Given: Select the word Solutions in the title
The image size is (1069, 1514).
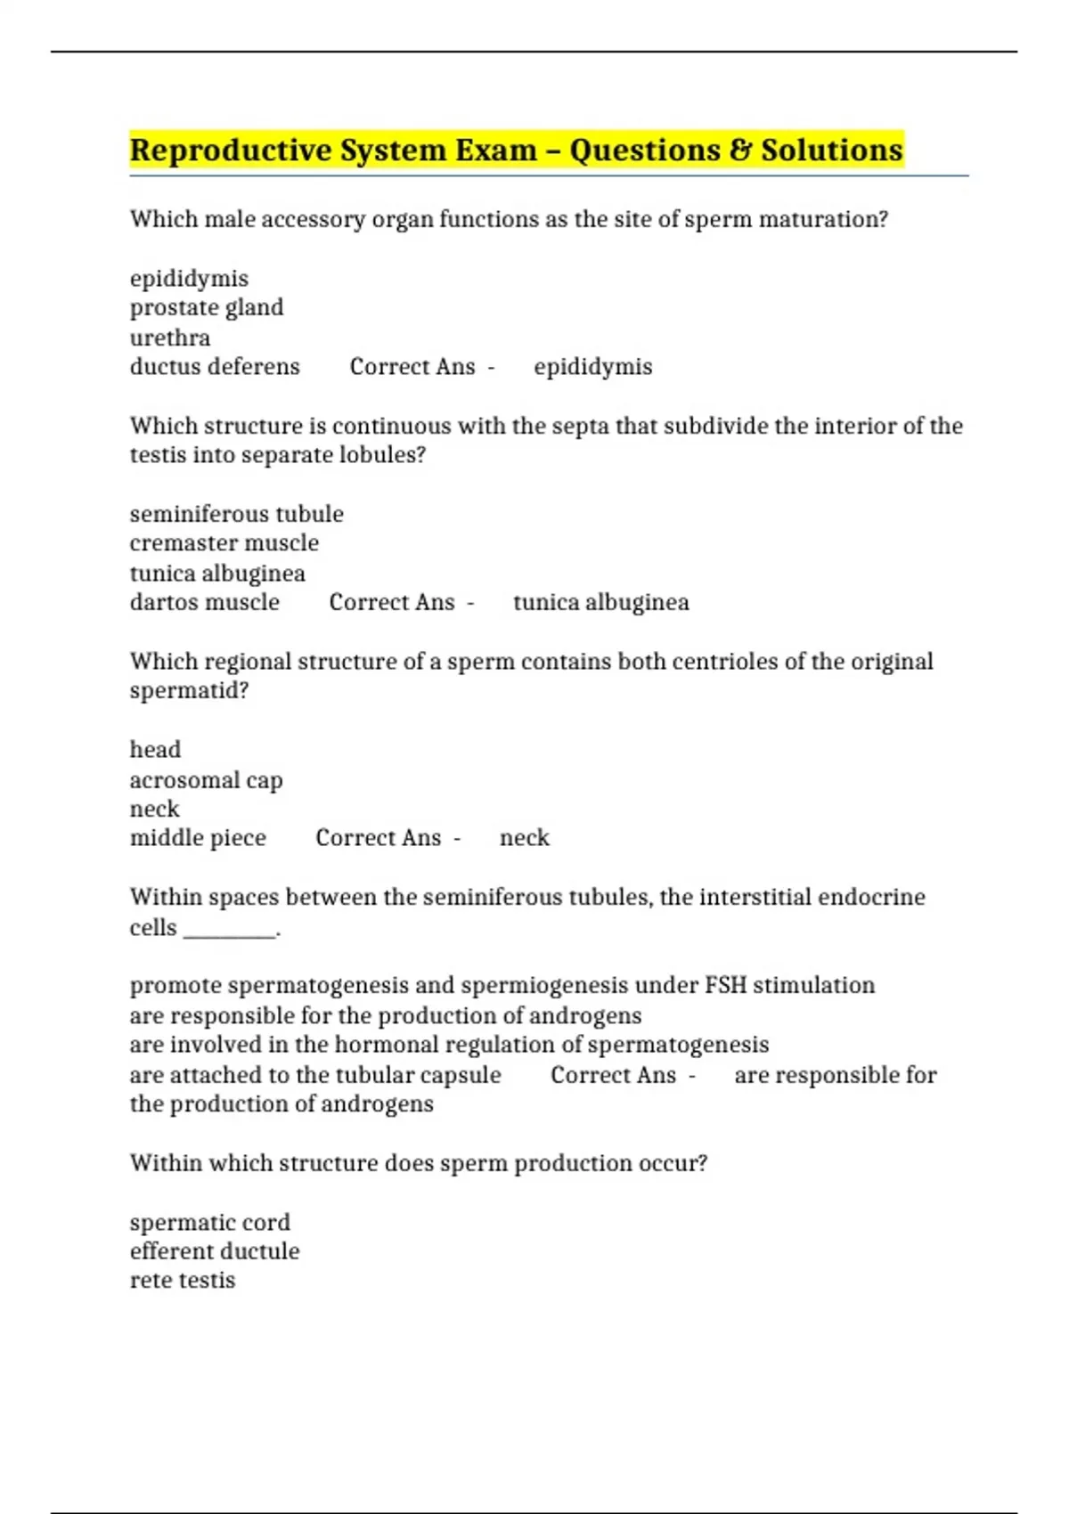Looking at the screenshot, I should [x=832, y=150].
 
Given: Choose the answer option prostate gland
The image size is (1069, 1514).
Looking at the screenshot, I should [x=207, y=307].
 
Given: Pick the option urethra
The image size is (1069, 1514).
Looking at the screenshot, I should [x=170, y=338].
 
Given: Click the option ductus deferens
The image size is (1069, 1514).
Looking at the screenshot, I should [x=215, y=367].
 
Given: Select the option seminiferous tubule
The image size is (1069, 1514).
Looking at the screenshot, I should [x=236, y=514].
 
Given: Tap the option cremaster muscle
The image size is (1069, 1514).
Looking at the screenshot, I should [x=224, y=543].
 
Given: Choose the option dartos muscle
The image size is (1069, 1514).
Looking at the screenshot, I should [x=205, y=602].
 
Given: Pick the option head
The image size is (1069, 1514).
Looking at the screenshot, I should [x=155, y=750].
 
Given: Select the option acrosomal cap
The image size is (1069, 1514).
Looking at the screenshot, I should [x=206, y=780].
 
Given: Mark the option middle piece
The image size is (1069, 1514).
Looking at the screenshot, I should [x=198, y=838].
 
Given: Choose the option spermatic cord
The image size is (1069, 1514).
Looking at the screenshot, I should [x=209, y=1222].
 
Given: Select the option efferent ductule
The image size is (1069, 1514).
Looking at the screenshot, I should [x=215, y=1251].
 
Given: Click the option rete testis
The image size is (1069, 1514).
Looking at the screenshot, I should [x=183, y=1281].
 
